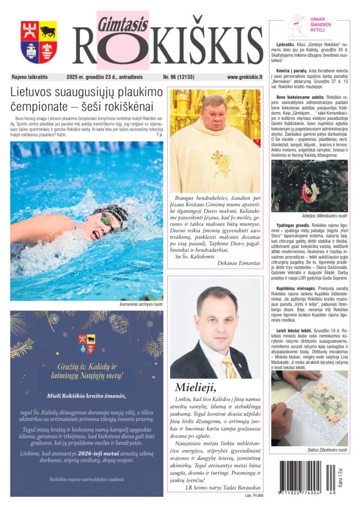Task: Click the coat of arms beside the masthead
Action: tap(39, 42)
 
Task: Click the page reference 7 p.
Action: tap(159, 135)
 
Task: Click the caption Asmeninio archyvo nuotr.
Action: tap(142, 305)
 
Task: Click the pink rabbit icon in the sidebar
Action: tap(298, 25)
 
